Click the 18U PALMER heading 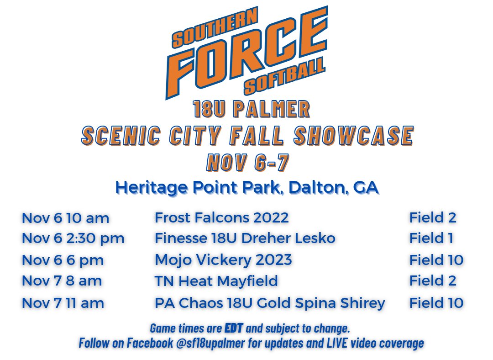coord(251,110)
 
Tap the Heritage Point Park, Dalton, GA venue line coord(247,187)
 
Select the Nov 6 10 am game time coord(65,218)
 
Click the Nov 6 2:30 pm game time coord(73,238)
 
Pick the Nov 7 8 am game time coord(62,280)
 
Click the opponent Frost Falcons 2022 coord(221,217)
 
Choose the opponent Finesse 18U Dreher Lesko coord(245,238)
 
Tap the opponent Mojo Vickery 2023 coord(223,259)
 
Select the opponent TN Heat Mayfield coord(216,280)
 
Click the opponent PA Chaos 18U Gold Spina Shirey coord(270,302)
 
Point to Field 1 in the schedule coord(432,238)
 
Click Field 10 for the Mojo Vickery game coord(436,259)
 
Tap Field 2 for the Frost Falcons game coord(432,217)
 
